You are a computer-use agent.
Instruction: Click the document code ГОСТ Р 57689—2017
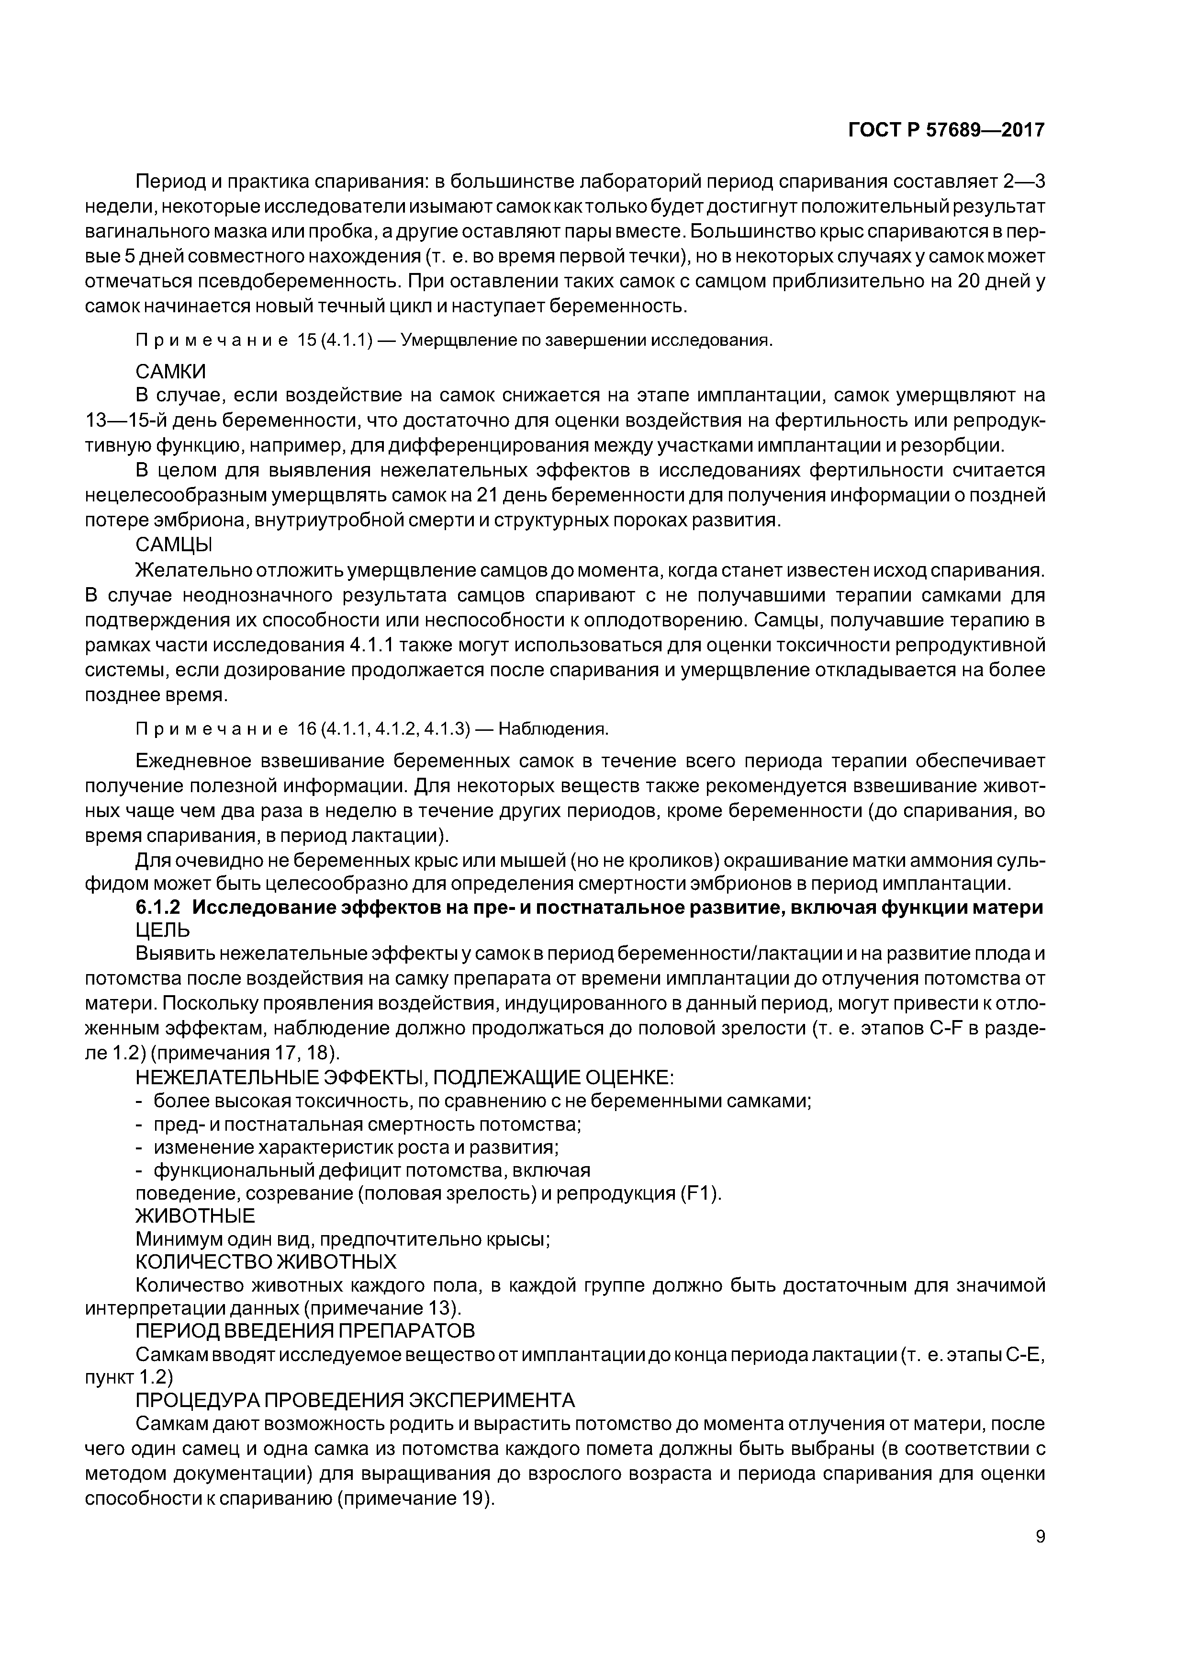pos(946,130)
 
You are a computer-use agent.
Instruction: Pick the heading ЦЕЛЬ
pos(162,931)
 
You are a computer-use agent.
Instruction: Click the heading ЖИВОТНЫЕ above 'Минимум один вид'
pos(195,1216)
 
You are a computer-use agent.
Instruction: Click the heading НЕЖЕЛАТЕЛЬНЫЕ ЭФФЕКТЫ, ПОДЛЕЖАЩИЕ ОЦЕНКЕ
pos(405,1078)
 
